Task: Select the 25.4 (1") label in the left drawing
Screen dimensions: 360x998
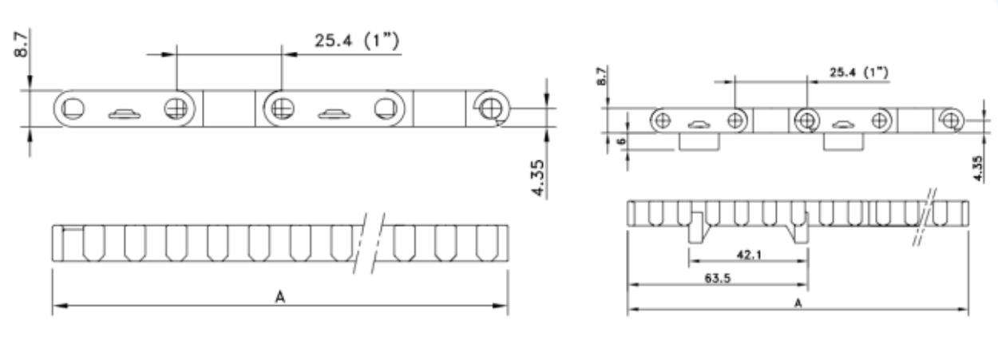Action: coord(356,41)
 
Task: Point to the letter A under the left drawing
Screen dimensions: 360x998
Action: coord(280,297)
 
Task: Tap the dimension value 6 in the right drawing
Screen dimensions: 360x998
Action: coord(620,142)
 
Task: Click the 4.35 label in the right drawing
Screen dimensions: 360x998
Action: coord(980,168)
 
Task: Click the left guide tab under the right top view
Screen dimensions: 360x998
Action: coord(699,142)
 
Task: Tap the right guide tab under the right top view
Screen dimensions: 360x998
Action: coord(844,142)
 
